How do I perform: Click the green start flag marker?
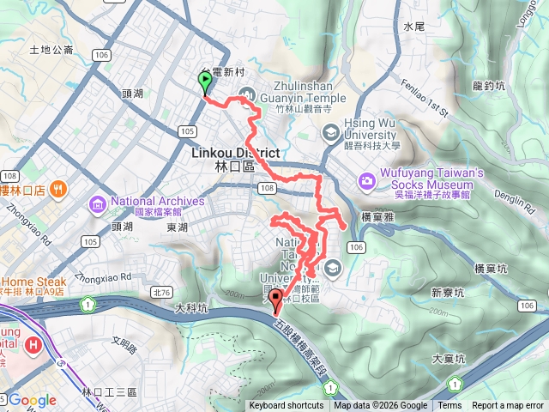(206, 82)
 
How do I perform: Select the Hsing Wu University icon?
(331, 132)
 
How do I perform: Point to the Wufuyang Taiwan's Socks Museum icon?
(367, 180)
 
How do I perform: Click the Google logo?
(33, 400)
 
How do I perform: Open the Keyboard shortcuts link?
(287, 406)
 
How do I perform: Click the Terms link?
(449, 406)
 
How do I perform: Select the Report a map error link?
(508, 406)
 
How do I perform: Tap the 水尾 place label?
(414, 27)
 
